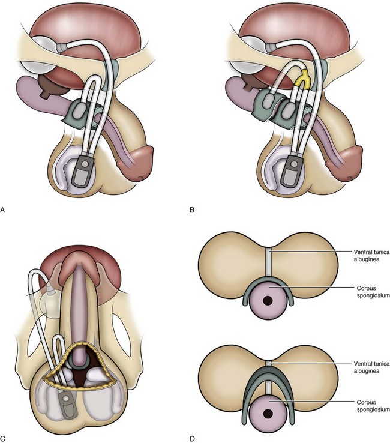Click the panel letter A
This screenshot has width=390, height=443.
(4, 210)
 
